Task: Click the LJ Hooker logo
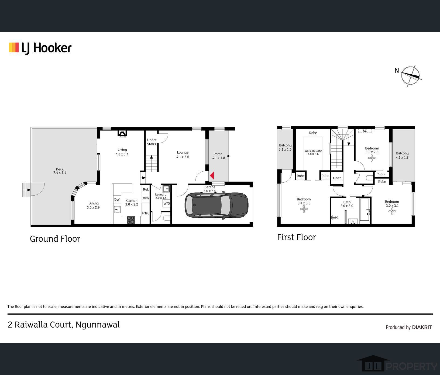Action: point(40,48)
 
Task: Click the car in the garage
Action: point(216,205)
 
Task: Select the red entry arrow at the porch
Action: point(212,176)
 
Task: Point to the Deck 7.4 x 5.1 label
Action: point(60,171)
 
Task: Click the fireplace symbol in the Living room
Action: point(122,134)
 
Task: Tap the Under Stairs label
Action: point(152,142)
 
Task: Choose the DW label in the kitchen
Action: point(117,200)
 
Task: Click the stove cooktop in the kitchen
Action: point(131,220)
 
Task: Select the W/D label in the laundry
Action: point(167,203)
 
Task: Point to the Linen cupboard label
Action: point(337,178)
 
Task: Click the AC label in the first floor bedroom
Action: point(365,131)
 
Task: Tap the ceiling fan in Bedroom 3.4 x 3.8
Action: point(304,209)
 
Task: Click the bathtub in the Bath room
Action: point(365,210)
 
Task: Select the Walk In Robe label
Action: point(313,152)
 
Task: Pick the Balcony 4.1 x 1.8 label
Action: point(402,155)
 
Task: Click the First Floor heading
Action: point(296,237)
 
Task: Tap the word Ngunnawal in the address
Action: point(98,325)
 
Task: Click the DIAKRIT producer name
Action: point(422,327)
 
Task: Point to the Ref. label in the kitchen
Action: point(146,189)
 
